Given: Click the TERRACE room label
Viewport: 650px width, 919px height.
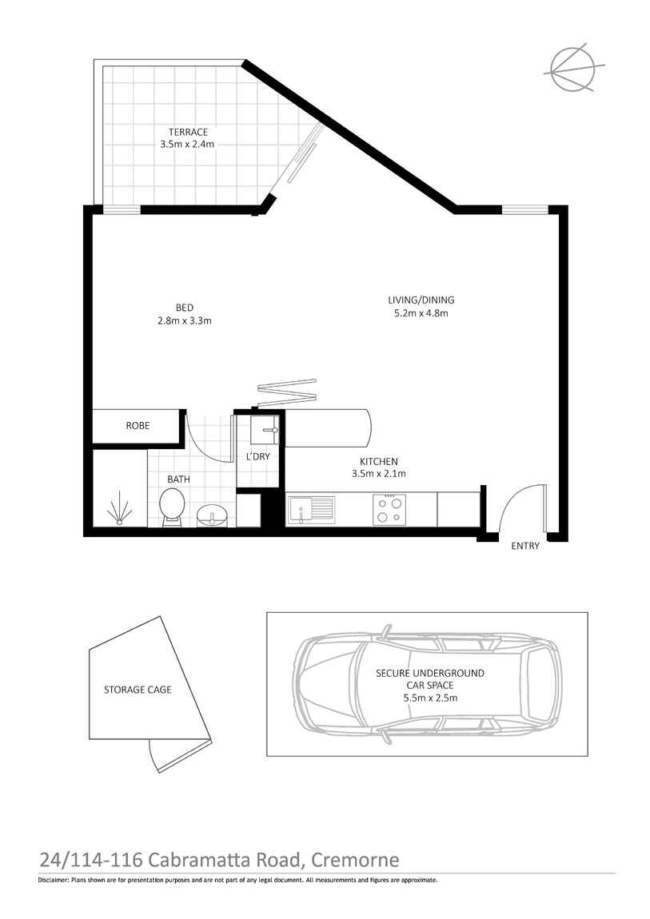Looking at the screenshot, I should pyautogui.click(x=188, y=132).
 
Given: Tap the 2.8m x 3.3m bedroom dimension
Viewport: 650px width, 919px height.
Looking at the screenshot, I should pyautogui.click(x=185, y=320).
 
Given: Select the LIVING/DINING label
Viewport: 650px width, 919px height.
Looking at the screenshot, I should pyautogui.click(x=421, y=300).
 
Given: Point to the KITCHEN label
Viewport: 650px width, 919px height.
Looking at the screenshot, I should pyautogui.click(x=379, y=461).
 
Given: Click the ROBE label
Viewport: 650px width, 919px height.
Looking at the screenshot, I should pyautogui.click(x=138, y=426).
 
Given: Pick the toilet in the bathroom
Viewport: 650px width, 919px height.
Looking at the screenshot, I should pyautogui.click(x=172, y=507).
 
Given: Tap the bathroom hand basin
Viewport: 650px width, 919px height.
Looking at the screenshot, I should pyautogui.click(x=214, y=515).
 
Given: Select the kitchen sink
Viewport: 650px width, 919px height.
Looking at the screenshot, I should pyautogui.click(x=312, y=508).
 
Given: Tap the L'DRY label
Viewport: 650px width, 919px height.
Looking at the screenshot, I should pyautogui.click(x=257, y=456).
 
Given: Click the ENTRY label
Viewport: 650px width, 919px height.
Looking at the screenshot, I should pyautogui.click(x=525, y=546).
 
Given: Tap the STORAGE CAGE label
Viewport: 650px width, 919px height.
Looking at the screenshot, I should pyautogui.click(x=138, y=689).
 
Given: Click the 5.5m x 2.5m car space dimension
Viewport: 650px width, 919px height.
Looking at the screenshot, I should pyautogui.click(x=430, y=698).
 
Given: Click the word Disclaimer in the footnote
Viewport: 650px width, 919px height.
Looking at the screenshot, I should pyautogui.click(x=54, y=880).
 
